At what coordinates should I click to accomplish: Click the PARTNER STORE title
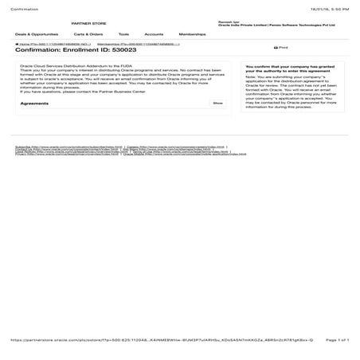[x=87, y=25]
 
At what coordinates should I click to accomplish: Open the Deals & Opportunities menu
[x=37, y=35]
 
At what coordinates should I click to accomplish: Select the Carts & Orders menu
[x=88, y=35]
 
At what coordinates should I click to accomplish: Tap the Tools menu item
[x=123, y=35]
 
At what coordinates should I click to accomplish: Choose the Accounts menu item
[x=154, y=35]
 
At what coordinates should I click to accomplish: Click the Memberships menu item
[x=192, y=35]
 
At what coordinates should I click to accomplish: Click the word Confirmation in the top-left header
[x=23, y=7]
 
